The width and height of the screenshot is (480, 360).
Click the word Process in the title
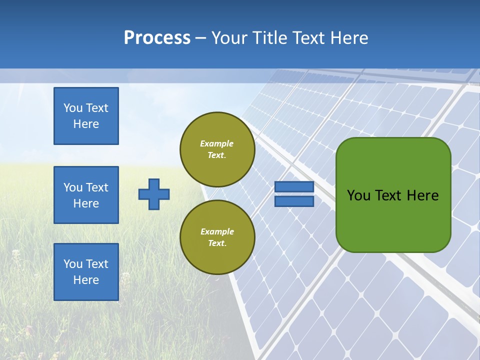tap(157, 38)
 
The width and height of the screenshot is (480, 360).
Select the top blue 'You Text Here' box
tap(86, 116)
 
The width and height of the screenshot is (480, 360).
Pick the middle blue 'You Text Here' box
tap(86, 195)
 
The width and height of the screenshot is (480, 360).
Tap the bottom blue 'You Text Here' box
tap(86, 272)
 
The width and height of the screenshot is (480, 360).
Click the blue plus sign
tap(154, 194)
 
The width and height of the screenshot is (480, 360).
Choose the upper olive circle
tap(217, 149)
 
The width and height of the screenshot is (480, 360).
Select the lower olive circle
tap(217, 237)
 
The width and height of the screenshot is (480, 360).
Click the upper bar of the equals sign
tap(294, 187)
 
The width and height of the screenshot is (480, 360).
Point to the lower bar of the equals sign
tap(294, 201)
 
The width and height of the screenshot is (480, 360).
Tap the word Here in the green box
tap(422, 195)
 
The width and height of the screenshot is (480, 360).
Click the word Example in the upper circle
tap(216, 143)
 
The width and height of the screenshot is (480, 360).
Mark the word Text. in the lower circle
tap(217, 243)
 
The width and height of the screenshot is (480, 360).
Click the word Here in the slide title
tap(349, 38)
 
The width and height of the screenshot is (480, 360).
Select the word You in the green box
tap(358, 195)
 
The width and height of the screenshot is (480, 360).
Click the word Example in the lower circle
tap(217, 231)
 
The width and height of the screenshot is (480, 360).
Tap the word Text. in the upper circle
tap(217, 155)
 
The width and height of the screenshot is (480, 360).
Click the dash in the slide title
tap(201, 39)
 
